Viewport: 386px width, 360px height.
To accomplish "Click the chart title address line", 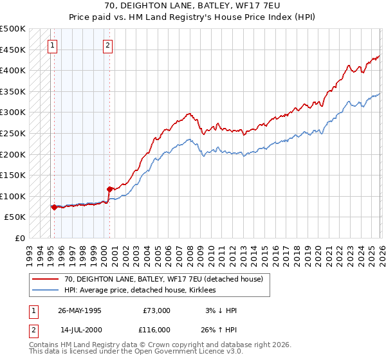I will coord(192,6).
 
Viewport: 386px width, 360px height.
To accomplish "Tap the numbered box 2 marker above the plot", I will coord(107,45).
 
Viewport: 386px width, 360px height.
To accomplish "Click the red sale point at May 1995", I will coord(54,207).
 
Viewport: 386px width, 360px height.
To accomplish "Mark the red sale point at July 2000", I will coord(109,189).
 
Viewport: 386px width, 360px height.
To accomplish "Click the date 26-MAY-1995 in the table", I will coord(79,310).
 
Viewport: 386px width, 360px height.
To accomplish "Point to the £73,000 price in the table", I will coord(156,310).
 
